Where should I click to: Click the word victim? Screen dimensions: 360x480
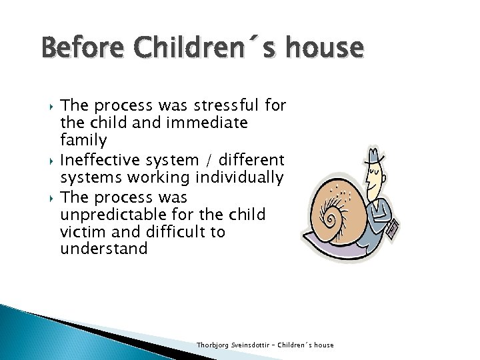[80, 232]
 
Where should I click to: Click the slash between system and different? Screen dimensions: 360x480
[213, 161]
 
